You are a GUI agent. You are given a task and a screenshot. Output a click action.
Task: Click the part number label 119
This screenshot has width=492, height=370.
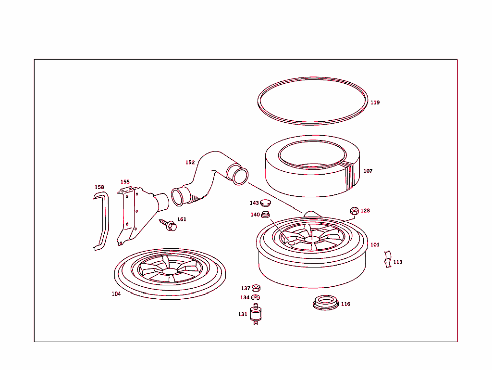click(x=375, y=102)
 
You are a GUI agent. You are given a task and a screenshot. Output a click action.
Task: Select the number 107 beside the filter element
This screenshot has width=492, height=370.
click(x=368, y=171)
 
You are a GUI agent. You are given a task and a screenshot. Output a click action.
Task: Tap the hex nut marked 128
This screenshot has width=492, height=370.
click(x=354, y=211)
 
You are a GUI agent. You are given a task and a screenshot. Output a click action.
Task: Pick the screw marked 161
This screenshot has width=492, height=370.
click(x=169, y=225)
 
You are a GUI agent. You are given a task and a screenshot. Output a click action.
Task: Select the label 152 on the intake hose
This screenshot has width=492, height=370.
click(x=190, y=163)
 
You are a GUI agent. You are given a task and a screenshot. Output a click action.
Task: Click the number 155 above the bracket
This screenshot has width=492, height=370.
click(x=125, y=182)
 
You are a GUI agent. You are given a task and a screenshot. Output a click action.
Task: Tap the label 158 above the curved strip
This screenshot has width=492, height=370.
click(x=99, y=187)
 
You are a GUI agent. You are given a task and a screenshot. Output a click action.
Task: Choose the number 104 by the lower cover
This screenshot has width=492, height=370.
click(x=116, y=294)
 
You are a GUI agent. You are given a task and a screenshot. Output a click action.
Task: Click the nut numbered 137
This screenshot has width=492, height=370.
click(x=256, y=288)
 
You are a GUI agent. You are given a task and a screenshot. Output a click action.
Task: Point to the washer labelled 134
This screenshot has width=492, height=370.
click(x=256, y=297)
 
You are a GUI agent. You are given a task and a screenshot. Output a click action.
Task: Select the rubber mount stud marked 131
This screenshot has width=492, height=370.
click(x=256, y=315)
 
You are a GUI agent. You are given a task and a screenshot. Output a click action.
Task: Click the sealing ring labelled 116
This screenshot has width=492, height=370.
click(x=325, y=303)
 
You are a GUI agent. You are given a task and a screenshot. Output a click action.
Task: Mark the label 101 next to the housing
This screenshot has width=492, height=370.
click(x=375, y=245)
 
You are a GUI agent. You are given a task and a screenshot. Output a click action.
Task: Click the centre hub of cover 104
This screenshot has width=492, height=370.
click(x=169, y=271)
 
